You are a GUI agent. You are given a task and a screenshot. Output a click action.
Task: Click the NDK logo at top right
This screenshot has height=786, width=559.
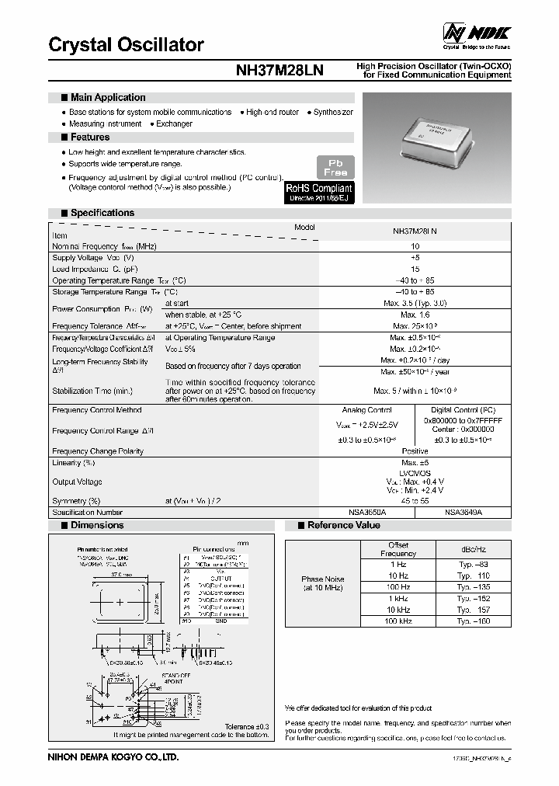coord(476,33)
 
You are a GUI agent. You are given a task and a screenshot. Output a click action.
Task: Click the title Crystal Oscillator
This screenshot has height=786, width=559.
coord(126,44)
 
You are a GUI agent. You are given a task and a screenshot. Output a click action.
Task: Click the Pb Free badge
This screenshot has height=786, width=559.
coord(335,166)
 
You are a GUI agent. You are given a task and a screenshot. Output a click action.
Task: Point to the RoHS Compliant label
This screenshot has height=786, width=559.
coord(319,188)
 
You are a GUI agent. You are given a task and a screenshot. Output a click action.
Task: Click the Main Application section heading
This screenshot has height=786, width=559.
coord(107,98)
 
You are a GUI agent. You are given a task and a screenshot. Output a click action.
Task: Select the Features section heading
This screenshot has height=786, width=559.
coord(89,137)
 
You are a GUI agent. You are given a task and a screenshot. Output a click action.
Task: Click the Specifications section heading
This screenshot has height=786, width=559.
coord(102,213)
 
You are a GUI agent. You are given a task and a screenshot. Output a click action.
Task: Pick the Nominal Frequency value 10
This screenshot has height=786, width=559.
coord(415,245)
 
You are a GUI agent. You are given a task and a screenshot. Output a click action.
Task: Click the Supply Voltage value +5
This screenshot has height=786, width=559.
coord(415,257)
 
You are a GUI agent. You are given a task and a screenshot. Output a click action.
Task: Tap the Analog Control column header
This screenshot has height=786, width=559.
coord(366,409)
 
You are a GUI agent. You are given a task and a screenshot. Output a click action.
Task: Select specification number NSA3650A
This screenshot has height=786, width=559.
coord(366,513)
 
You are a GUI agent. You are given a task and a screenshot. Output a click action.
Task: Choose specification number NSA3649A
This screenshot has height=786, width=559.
coord(464,513)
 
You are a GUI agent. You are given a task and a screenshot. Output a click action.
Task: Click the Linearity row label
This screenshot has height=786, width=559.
coord(73,463)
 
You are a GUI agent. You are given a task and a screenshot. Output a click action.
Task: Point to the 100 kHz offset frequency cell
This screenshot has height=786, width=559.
coord(398,621)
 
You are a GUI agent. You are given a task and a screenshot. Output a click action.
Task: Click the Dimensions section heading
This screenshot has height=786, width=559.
coord(97,526)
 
